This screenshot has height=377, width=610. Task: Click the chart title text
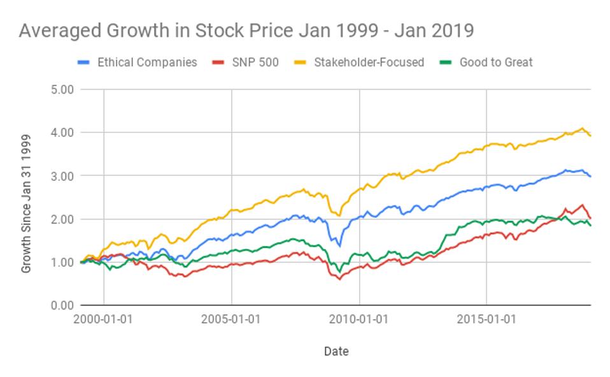246,30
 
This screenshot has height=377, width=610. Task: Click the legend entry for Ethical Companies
146,62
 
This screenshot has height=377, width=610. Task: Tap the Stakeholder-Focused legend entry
369,62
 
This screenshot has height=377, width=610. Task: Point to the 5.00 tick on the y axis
62,89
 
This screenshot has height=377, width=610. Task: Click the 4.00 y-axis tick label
62,132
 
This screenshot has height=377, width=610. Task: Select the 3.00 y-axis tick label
62,176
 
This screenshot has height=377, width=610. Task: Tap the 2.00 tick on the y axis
62,219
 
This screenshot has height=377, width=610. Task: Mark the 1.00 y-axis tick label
62,262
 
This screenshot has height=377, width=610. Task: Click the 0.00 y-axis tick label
62,306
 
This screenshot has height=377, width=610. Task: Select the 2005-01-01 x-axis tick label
231,318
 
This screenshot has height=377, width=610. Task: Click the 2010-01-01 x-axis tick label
359,318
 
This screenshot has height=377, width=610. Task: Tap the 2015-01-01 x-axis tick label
486,318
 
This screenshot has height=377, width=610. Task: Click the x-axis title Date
336,351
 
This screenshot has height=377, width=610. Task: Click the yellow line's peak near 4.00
582,129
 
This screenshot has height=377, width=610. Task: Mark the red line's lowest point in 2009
339,279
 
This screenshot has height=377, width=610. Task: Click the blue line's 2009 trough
339,246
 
